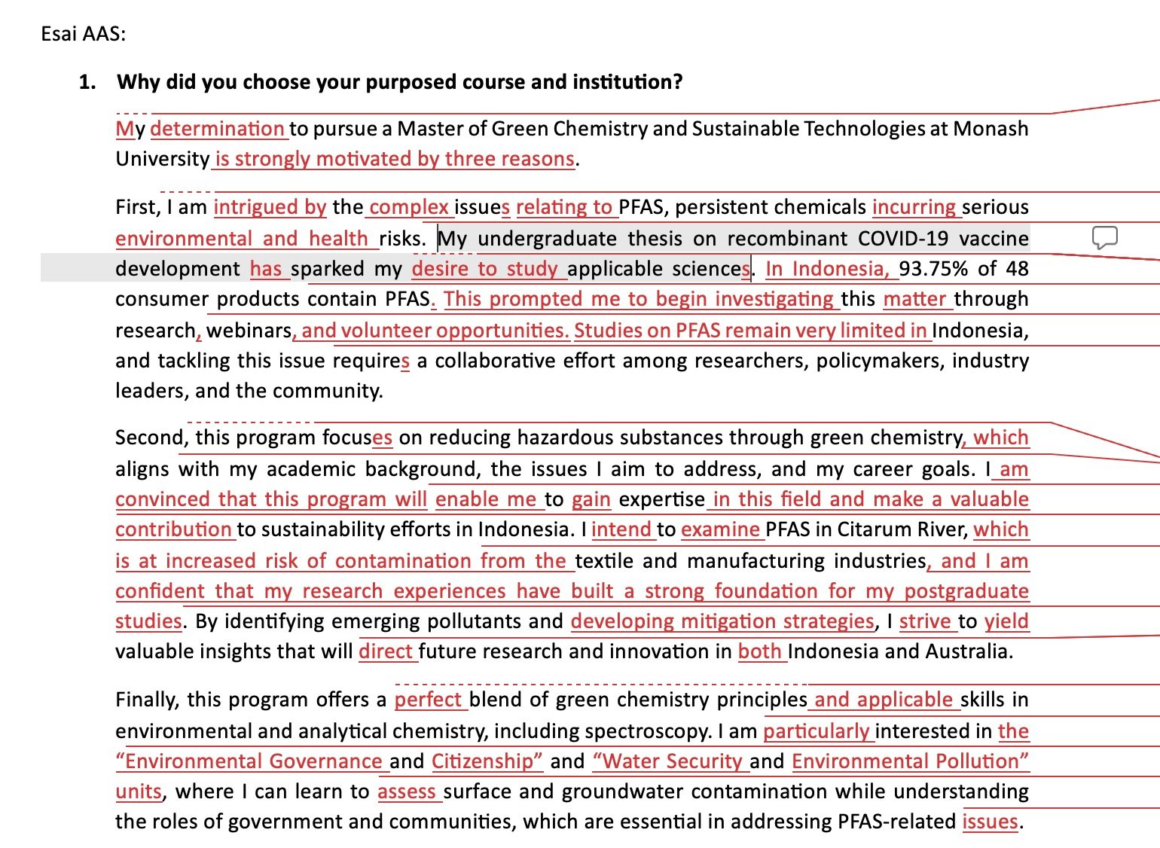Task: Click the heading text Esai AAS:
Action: pyautogui.click(x=83, y=34)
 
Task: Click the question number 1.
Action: pyautogui.click(x=87, y=82)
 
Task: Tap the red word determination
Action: pyautogui.click(x=217, y=129)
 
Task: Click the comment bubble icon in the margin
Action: pyautogui.click(x=1104, y=238)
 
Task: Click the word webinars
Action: pyautogui.click(x=249, y=331)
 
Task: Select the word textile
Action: pyautogui.click(x=605, y=561)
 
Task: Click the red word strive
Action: pyautogui.click(x=924, y=621)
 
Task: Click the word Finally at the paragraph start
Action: pyautogui.click(x=147, y=700)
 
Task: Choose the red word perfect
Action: pyautogui.click(x=428, y=700)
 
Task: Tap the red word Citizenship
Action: pyautogui.click(x=487, y=761)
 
